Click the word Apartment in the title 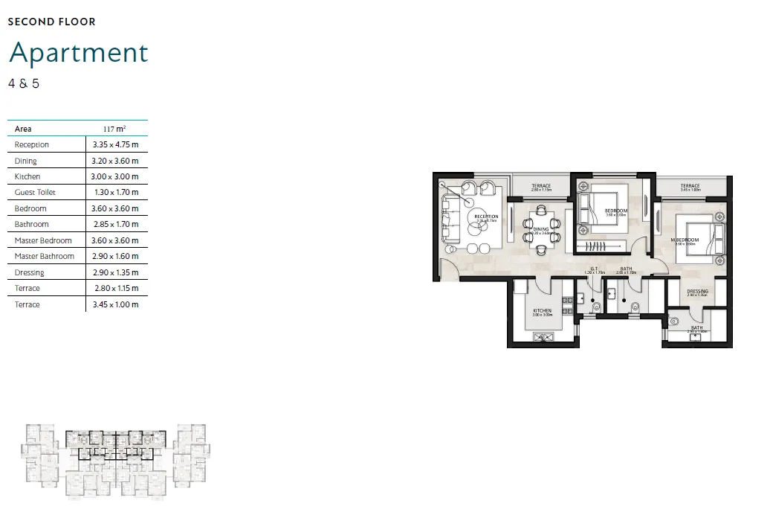[79, 53]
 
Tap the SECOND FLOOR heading [52, 22]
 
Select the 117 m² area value [114, 129]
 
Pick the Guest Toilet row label [35, 192]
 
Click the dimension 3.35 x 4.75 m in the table [115, 144]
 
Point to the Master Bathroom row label [45, 256]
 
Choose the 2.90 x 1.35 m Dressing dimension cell [115, 272]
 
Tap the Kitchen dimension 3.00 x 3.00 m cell [115, 176]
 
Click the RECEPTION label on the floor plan [486, 217]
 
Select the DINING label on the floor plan [540, 229]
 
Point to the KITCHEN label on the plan [542, 310]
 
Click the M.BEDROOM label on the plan [685, 240]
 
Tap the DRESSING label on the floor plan [697, 291]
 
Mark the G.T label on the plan [594, 269]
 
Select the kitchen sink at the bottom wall [542, 337]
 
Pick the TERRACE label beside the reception [541, 186]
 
